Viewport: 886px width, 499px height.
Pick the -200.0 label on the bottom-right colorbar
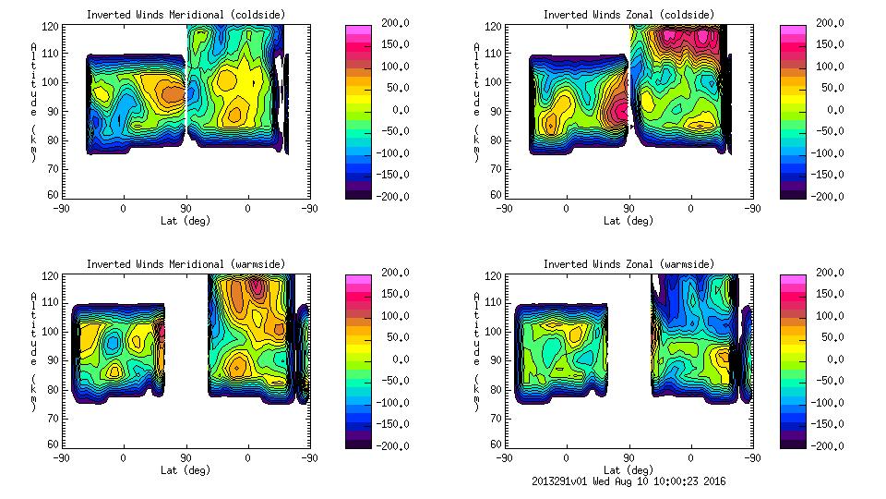point(830,446)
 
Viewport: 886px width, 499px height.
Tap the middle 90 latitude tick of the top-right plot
point(629,209)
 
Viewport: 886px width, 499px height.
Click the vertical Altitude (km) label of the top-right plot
point(476,102)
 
